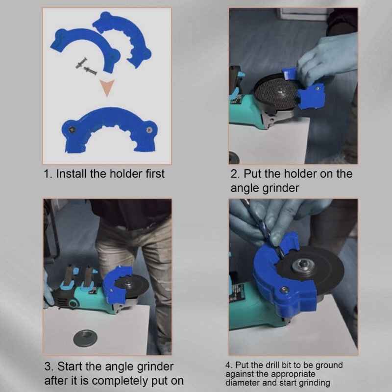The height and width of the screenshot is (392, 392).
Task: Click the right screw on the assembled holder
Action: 149,129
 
